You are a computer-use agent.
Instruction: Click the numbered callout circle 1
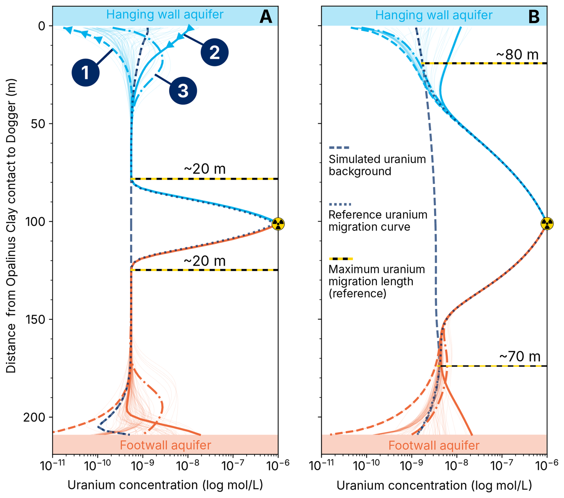point(86,72)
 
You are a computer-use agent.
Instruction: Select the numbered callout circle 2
point(214,52)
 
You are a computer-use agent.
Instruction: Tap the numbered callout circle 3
point(183,91)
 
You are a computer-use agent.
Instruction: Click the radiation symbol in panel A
point(278,224)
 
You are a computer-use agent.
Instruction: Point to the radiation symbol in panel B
point(547,224)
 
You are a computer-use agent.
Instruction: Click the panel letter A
point(266,17)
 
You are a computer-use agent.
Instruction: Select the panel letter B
point(534,17)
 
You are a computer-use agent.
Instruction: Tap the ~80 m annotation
point(517,55)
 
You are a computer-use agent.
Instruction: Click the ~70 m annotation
point(520,356)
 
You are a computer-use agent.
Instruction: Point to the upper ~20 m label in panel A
point(205,169)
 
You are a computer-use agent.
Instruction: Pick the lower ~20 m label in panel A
point(205,261)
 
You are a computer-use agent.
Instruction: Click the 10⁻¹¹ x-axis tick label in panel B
point(321,465)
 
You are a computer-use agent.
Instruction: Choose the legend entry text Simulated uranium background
point(377,165)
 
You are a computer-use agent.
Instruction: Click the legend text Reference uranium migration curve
point(378,221)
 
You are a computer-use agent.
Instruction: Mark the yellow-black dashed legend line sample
point(341,259)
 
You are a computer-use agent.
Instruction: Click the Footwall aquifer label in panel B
point(434,446)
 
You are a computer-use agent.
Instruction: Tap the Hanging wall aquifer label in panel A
point(165,14)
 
